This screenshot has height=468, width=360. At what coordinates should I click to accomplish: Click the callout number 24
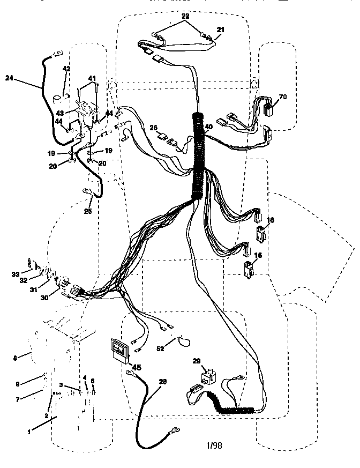coord(9,78)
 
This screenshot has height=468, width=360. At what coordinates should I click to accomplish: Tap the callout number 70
coord(283,97)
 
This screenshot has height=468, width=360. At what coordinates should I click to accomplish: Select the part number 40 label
coord(208,127)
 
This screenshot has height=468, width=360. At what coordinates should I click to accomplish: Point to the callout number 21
coord(221,29)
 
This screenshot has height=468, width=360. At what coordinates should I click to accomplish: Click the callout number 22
coord(185,17)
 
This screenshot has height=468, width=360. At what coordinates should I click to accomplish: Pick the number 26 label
coord(153,128)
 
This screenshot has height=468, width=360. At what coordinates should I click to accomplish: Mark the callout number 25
coord(88,211)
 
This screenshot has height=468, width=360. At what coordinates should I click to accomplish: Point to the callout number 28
coord(163,382)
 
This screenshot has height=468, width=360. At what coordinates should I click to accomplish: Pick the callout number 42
coord(66,69)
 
